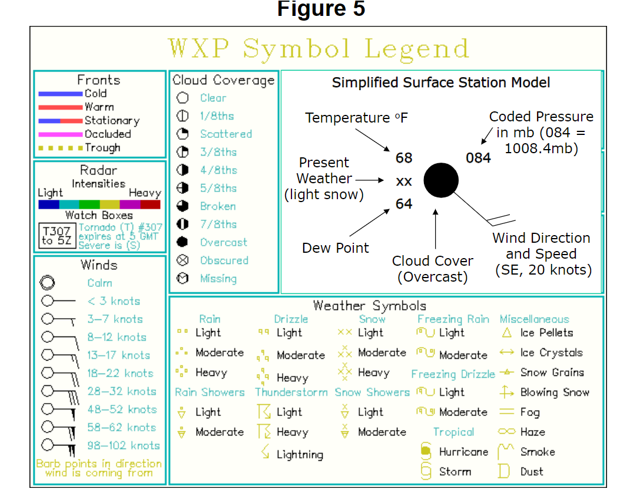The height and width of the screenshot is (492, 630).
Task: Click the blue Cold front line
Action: pos(60,94)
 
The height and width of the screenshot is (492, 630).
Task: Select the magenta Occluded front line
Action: pos(60,134)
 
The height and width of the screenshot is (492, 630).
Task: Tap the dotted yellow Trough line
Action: pos(60,148)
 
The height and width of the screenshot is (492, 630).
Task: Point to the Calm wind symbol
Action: pos(47,283)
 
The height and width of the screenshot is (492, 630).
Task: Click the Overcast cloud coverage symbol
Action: pos(183,242)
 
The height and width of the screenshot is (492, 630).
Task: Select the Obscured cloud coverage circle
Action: pos(183,260)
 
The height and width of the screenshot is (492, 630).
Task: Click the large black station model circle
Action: pos(441,180)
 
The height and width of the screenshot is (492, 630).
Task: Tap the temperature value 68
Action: pos(404,158)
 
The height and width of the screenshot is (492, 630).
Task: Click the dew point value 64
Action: pos(404,204)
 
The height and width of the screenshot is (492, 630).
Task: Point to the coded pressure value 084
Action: pos(478,158)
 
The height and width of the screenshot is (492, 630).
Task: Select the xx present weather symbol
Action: pos(404,181)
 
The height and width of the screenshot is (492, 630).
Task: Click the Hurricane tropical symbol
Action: pos(426,451)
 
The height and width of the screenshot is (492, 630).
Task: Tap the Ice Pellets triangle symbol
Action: pos(506,333)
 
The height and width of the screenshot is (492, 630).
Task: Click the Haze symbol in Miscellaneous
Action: pos(506,432)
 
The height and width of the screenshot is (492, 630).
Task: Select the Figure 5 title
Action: pos(321,9)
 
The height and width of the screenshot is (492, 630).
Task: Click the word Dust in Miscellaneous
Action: pos(532,471)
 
